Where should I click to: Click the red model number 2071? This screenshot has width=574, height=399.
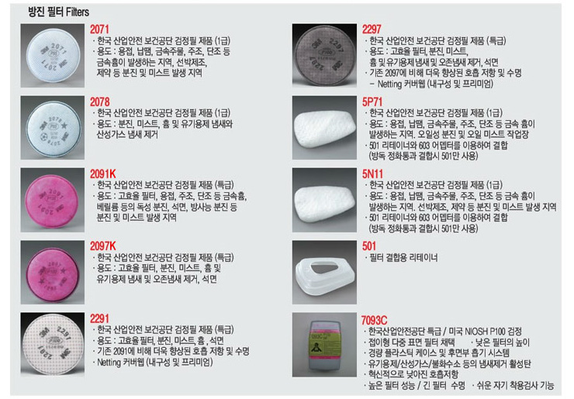(x=99, y=29)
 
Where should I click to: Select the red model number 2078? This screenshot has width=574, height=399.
(x=99, y=101)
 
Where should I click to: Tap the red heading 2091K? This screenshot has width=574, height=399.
(x=103, y=174)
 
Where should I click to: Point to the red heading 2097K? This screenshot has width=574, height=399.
(x=103, y=246)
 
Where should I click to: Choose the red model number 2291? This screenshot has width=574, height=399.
(x=99, y=318)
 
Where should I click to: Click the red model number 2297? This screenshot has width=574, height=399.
(x=372, y=29)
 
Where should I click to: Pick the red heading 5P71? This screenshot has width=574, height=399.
(x=372, y=101)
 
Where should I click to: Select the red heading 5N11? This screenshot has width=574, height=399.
(x=372, y=174)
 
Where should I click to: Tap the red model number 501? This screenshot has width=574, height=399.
(x=369, y=246)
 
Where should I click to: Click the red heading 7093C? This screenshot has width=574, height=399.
(x=374, y=320)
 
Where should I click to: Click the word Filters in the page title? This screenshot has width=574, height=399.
(x=78, y=12)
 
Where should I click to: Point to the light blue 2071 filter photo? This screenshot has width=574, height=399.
(x=52, y=56)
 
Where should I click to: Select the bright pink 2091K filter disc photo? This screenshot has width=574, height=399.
(x=52, y=200)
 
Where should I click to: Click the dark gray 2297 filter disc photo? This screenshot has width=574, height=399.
(x=324, y=56)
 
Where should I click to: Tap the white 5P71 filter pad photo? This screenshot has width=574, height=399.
(x=324, y=128)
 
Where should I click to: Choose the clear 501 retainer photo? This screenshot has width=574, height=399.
(x=324, y=272)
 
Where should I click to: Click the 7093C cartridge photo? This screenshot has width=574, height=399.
(x=324, y=345)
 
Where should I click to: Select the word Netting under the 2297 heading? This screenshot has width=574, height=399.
(x=389, y=84)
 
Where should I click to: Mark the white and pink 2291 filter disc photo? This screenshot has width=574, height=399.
(x=52, y=345)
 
